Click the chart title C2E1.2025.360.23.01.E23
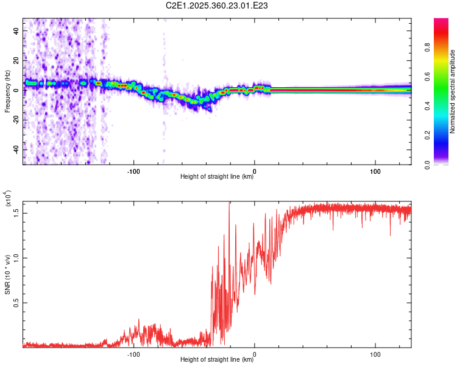(218, 5)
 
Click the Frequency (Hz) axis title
(7, 91)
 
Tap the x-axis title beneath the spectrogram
(217, 177)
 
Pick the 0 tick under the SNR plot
(255, 353)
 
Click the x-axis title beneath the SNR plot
(217, 360)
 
